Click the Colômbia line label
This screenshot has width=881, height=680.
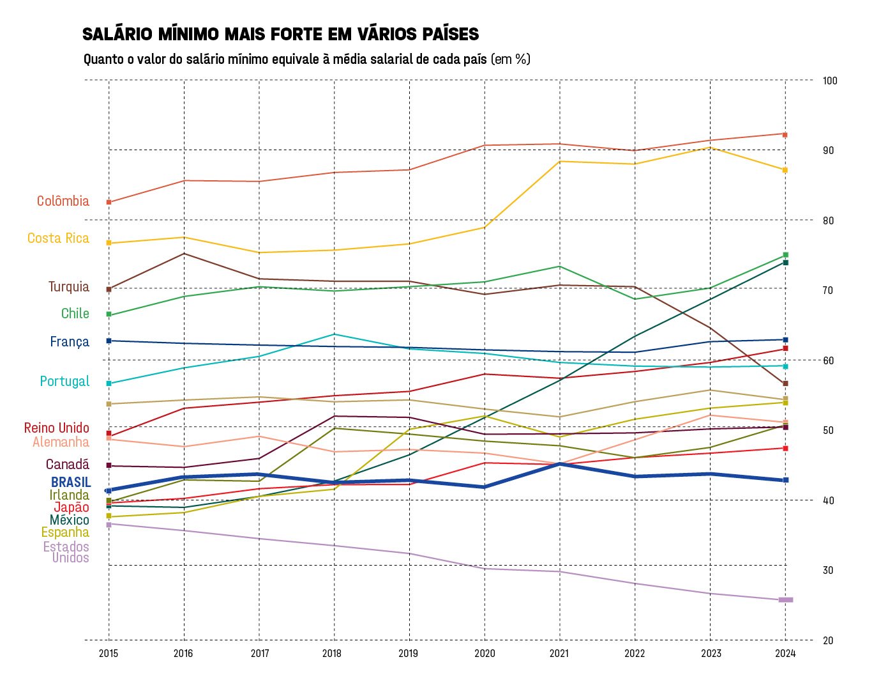(x=63, y=201)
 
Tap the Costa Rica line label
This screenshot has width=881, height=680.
(x=58, y=238)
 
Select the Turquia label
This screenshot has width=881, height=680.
(x=68, y=287)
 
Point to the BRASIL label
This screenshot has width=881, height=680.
(x=71, y=483)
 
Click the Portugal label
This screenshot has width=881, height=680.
(x=64, y=382)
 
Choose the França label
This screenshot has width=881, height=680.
(x=69, y=342)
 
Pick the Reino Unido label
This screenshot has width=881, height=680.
(x=56, y=428)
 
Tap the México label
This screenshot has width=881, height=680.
(x=69, y=520)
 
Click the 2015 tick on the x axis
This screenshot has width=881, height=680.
(x=109, y=653)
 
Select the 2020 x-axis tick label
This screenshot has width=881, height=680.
(x=485, y=653)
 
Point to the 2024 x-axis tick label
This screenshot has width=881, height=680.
(x=785, y=653)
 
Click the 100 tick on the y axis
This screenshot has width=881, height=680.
(x=830, y=81)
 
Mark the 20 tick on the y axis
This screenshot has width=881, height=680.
(x=828, y=640)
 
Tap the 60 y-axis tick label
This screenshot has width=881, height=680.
(x=828, y=360)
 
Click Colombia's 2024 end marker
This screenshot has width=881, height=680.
(x=785, y=135)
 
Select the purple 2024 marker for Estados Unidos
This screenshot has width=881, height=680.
(x=785, y=599)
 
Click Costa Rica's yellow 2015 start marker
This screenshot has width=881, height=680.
(x=109, y=243)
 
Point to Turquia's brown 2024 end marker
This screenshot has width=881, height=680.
(x=785, y=383)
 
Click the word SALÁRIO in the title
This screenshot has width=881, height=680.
(x=117, y=35)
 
